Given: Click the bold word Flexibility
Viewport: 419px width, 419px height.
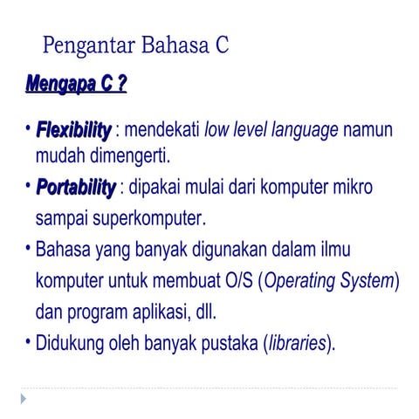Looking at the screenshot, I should pyautogui.click(x=73, y=131).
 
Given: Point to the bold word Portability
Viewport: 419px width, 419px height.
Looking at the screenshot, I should pyautogui.click(x=75, y=188).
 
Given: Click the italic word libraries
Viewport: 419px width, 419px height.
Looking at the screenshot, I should pyautogui.click(x=297, y=341).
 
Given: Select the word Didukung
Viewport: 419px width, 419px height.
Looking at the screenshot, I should pyautogui.click(x=71, y=341).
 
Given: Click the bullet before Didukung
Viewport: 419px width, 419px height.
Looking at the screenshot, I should pyautogui.click(x=28, y=341).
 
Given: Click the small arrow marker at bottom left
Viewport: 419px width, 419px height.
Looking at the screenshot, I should pyautogui.click(x=24, y=398).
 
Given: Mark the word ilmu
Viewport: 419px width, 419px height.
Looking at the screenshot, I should pyautogui.click(x=331, y=251).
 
